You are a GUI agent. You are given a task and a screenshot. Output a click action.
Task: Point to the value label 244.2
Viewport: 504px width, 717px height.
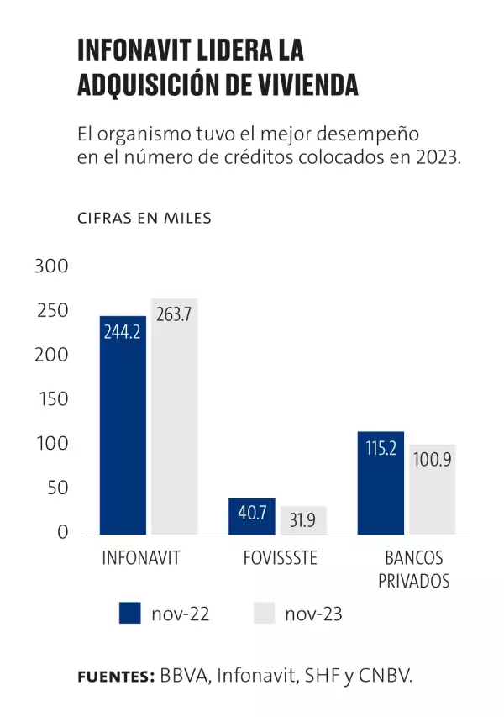point(123,331)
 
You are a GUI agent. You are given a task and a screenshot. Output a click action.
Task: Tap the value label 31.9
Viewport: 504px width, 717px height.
point(303,521)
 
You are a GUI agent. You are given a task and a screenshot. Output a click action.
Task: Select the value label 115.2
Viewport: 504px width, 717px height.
point(381,449)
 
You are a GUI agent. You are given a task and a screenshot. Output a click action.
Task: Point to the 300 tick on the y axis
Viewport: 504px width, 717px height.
point(50,266)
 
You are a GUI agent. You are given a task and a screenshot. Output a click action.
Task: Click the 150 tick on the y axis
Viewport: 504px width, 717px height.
point(50,399)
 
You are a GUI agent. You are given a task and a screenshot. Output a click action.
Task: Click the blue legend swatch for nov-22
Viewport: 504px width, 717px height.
point(130,614)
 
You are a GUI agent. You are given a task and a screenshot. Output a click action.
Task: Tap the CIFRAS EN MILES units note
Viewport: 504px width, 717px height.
point(144,218)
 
